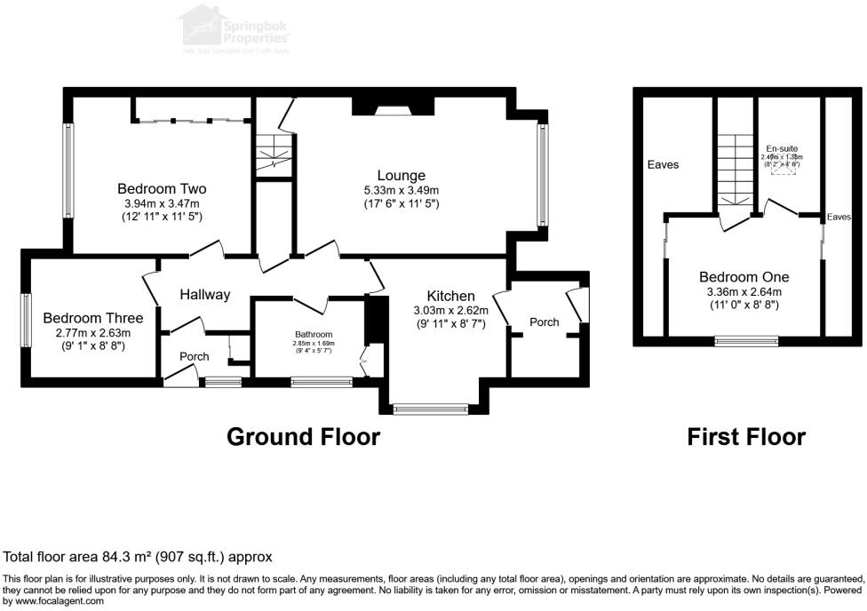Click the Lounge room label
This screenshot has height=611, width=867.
tap(400, 176)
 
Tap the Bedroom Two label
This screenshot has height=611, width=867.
tap(163, 189)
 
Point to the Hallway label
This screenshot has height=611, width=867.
tap(205, 295)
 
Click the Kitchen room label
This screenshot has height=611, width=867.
tap(450, 296)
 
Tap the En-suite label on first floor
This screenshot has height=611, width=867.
tap(782, 148)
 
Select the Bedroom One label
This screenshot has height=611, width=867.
tap(744, 277)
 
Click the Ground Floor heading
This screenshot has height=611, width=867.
tap(303, 437)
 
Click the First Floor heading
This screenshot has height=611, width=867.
tap(746, 437)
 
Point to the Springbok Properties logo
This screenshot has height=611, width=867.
tap(235, 28)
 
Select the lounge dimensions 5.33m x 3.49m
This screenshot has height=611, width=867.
tap(400, 191)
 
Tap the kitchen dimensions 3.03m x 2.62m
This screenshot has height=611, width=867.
tap(450, 311)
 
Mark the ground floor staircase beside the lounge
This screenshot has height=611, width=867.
tap(274, 153)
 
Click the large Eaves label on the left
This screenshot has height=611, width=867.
tap(664, 165)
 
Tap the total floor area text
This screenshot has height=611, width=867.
tap(138, 557)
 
